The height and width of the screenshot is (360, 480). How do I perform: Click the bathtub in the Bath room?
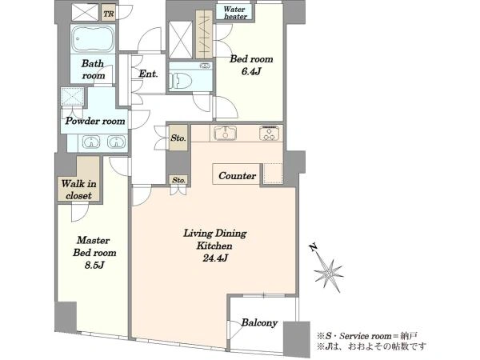(93, 39)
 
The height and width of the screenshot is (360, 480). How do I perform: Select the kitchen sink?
(226, 133)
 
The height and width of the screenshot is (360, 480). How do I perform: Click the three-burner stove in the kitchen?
(270, 133)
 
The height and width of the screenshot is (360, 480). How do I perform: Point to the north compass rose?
(329, 274)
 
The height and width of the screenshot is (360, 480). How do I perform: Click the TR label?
(108, 14)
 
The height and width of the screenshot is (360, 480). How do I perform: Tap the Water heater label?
(234, 13)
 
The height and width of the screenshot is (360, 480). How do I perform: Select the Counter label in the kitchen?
(238, 176)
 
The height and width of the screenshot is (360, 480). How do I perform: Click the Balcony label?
(259, 322)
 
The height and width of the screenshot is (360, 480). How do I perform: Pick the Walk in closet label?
(78, 190)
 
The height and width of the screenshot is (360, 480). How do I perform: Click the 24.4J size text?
(215, 258)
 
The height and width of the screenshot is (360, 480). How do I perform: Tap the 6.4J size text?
(251, 72)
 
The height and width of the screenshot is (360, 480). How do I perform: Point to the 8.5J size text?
(94, 265)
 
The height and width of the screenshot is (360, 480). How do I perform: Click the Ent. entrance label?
(148, 74)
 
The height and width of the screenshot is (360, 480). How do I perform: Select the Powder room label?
(95, 121)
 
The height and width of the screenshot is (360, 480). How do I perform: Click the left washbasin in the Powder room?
(91, 142)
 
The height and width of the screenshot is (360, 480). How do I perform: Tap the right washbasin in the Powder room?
(116, 142)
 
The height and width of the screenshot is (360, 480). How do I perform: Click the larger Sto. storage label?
(178, 138)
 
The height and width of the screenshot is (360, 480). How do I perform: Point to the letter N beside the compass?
(313, 247)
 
